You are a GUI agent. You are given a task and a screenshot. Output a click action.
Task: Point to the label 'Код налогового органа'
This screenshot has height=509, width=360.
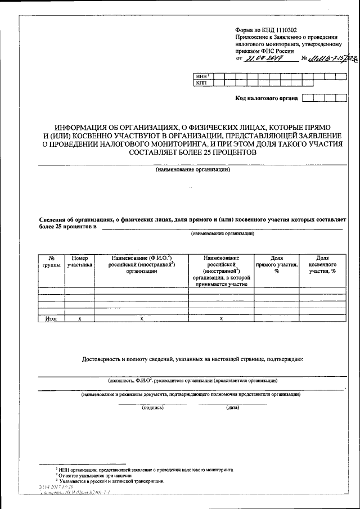[x=265, y=98]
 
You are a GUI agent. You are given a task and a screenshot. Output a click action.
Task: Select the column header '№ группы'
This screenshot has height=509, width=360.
[x=51, y=260]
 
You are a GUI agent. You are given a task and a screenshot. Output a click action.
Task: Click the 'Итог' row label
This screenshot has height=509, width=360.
[x=51, y=318]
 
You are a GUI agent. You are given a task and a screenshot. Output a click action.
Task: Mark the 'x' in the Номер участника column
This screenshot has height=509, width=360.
[x=80, y=318]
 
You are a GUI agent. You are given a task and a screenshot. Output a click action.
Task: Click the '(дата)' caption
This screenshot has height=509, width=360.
[x=232, y=407]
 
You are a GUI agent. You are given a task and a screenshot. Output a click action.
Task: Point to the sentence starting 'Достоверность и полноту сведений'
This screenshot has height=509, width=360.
[x=193, y=358]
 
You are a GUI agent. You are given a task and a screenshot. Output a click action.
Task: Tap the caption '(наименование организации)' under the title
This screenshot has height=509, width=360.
[x=193, y=169]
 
